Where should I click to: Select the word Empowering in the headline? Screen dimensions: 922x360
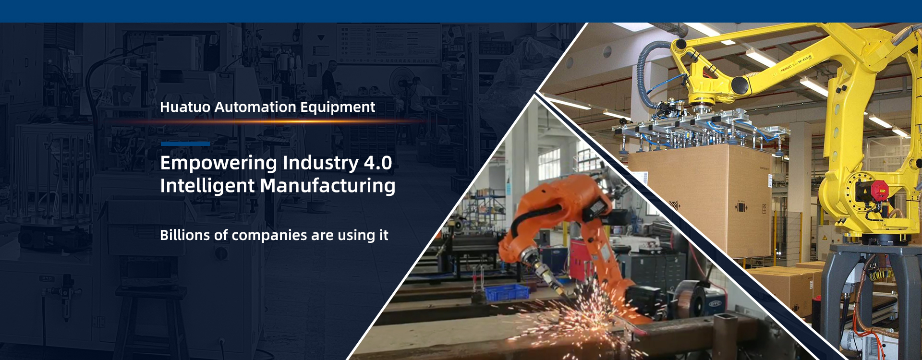[218, 164]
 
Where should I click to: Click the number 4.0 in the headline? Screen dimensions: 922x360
[378, 163]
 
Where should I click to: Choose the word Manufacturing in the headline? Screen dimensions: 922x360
[328, 186]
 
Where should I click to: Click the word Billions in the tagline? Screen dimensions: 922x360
[185, 235]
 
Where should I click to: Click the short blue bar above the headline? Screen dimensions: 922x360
[185, 144]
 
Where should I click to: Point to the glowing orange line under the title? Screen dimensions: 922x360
[269, 122]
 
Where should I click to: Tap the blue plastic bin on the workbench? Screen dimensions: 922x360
[507, 292]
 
